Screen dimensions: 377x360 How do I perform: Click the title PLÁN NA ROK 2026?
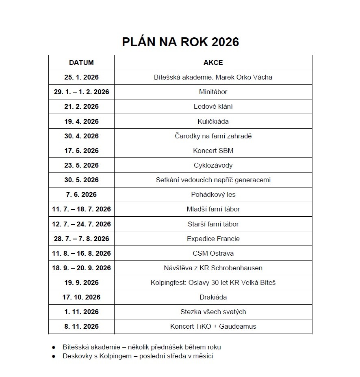tap(180, 42)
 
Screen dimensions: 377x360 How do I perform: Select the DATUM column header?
tap(81, 62)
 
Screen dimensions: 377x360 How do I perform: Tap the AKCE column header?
tap(213, 62)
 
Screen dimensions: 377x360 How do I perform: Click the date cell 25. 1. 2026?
tap(81, 77)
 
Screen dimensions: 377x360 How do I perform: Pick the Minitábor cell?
tap(213, 92)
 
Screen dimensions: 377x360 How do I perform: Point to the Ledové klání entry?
tap(213, 107)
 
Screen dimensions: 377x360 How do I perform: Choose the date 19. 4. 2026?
tap(81, 121)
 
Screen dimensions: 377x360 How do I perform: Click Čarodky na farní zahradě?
tap(213, 136)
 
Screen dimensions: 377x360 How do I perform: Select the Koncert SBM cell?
tap(213, 151)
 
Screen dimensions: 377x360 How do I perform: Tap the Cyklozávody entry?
tap(213, 165)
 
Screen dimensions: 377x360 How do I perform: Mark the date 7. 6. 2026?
tap(81, 194)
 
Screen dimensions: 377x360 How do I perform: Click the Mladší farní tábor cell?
tap(213, 209)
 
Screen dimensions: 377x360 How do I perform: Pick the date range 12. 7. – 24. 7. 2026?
tap(81, 224)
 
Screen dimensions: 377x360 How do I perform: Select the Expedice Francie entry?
tap(213, 239)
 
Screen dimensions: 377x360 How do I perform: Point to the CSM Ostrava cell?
tap(213, 253)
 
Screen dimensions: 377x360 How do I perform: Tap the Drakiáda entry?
tap(213, 297)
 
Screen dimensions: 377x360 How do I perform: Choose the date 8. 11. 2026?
tap(81, 326)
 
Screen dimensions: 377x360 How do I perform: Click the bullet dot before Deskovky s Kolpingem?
tap(54, 356)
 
